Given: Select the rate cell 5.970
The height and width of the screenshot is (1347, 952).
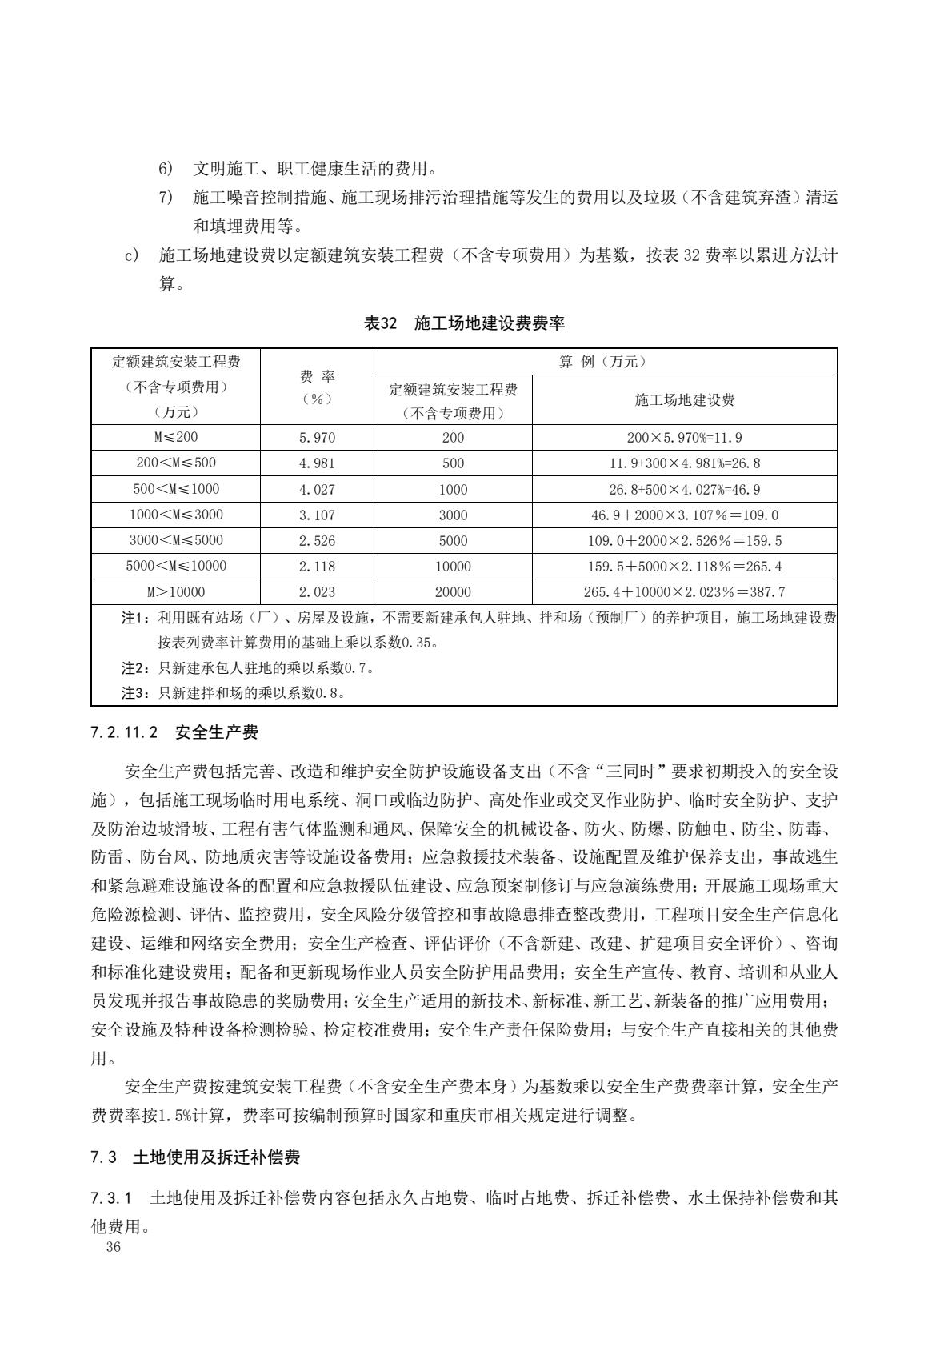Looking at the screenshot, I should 317,438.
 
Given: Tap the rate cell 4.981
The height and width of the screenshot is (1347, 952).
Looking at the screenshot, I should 317,463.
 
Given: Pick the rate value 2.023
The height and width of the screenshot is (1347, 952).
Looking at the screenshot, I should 317,592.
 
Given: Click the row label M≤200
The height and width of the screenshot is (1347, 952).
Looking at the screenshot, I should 176,438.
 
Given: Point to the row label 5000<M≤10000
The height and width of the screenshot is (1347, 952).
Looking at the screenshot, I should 176,567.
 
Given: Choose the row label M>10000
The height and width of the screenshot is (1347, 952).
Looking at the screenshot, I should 176,592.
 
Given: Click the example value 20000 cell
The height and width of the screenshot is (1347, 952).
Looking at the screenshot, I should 453,592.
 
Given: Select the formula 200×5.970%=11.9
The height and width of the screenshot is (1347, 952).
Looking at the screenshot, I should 685,438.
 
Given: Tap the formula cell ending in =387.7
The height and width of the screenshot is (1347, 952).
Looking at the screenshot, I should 685,592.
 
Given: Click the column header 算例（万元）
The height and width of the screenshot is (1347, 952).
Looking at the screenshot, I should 605,362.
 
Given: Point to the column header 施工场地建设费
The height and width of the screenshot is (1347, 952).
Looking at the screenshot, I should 685,400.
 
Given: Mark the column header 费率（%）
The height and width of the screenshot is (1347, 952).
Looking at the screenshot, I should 317,387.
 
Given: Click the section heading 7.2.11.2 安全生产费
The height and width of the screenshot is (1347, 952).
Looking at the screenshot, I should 175,732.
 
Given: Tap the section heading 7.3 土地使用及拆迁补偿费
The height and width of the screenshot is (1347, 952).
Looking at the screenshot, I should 196,1157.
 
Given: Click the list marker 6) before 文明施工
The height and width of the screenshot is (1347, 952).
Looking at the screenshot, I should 166,169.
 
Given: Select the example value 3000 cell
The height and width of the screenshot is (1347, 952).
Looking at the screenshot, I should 453,515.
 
